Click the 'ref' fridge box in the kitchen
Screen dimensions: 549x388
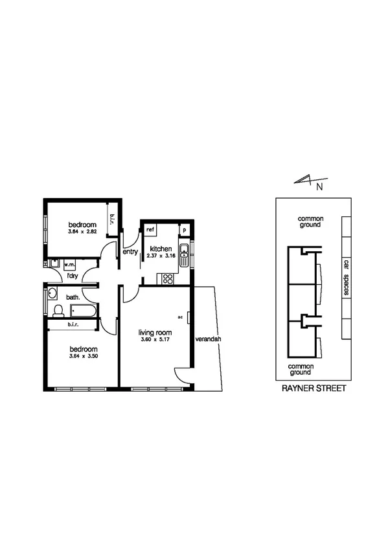click(150, 229)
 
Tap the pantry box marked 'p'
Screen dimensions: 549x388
click(184, 230)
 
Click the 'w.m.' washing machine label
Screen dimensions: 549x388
click(70, 263)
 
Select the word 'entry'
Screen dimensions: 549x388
click(130, 252)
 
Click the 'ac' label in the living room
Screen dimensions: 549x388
click(181, 317)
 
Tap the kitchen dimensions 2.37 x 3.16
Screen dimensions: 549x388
click(161, 256)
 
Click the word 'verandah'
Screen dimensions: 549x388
click(207, 339)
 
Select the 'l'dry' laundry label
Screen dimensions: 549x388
click(73, 276)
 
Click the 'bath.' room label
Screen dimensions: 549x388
click(72, 297)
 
